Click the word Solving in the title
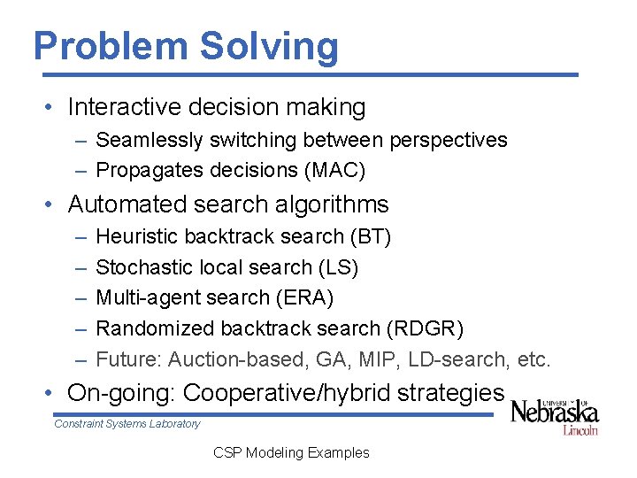[271, 46]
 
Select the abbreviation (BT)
[371, 236]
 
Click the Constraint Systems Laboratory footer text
[127, 424]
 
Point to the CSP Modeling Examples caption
[291, 452]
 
